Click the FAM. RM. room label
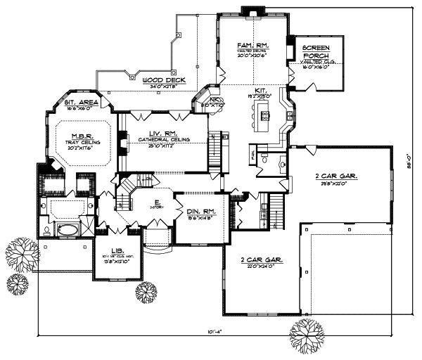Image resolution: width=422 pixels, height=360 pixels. [x=250, y=45]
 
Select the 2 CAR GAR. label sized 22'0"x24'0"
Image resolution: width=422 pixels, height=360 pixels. [x=262, y=259]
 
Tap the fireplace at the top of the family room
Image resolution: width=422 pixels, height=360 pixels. [x=250, y=10]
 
